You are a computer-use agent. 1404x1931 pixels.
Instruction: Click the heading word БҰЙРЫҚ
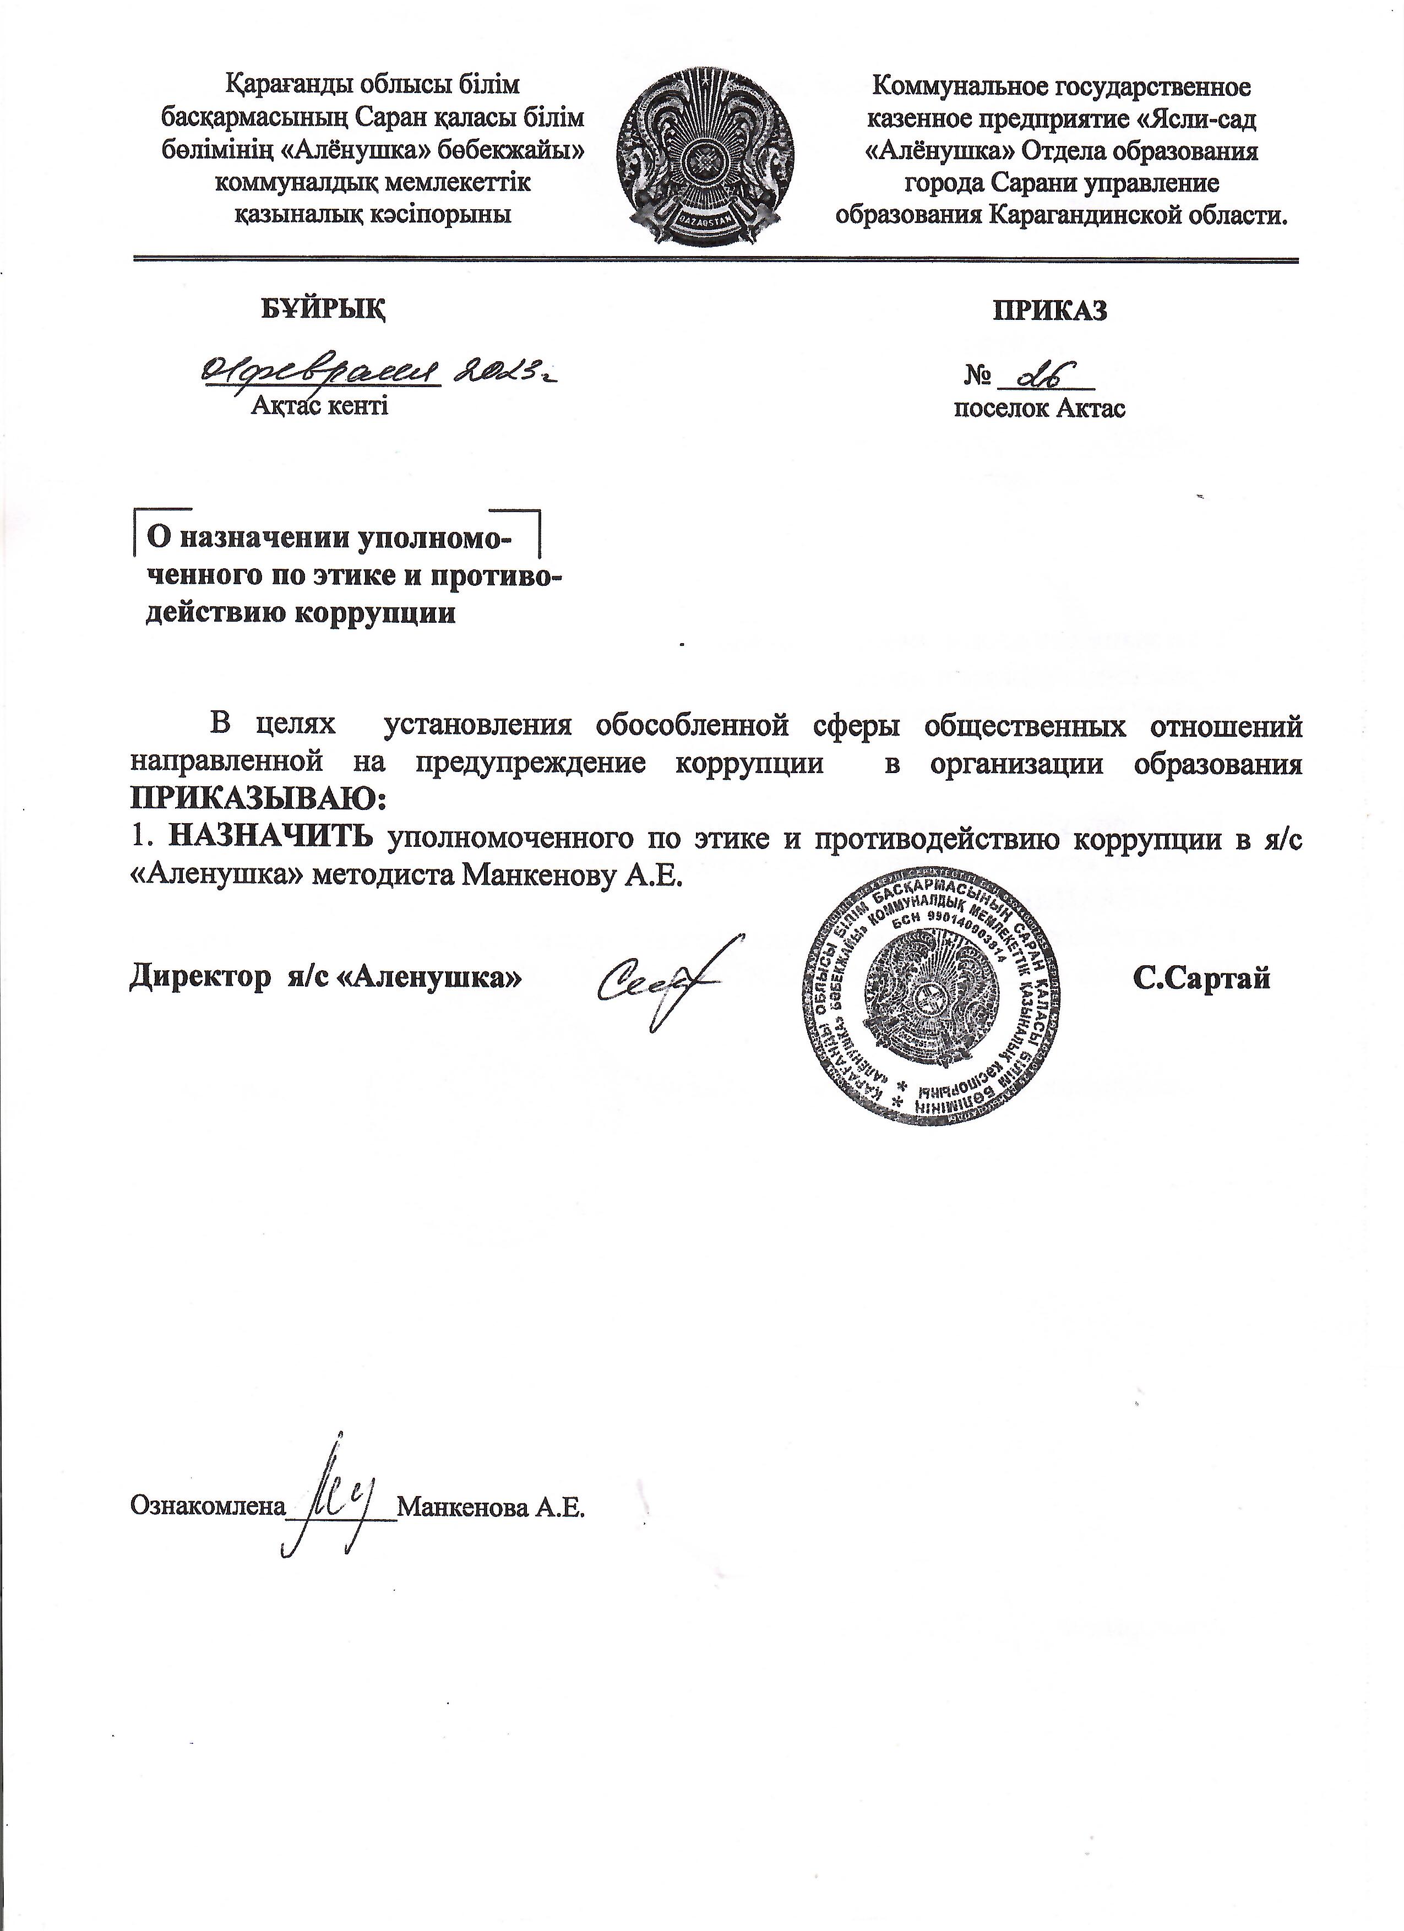coord(322,309)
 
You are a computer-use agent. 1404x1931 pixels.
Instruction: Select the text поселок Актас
coord(1039,408)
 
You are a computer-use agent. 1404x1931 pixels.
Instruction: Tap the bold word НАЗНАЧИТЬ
coord(270,838)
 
